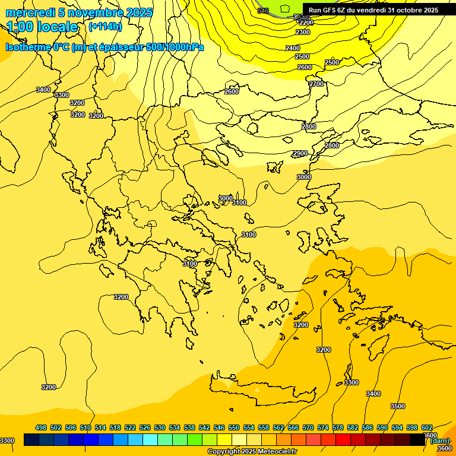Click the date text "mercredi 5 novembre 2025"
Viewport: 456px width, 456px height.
coord(79,12)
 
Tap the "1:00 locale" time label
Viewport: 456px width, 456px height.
coord(43,27)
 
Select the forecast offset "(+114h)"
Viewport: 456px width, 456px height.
coord(105,27)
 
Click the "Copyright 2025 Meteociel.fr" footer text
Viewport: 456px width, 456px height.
coord(252,451)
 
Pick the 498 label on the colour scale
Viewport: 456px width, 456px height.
coord(41,427)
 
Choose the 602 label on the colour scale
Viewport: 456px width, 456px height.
coord(427,427)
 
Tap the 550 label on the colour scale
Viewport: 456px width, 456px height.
coord(234,427)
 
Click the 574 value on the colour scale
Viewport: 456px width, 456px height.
coord(323,427)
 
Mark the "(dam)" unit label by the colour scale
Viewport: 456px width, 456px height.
coord(440,441)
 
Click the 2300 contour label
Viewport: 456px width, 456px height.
coord(303,32)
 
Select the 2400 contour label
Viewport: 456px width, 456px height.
coord(293,48)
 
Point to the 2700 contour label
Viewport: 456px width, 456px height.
coord(316,84)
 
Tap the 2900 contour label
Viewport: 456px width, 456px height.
coord(300,154)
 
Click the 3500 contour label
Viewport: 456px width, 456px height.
coord(398,406)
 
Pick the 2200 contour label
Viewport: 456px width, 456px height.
coord(306,23)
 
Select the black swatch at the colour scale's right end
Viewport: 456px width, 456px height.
coord(417,440)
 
